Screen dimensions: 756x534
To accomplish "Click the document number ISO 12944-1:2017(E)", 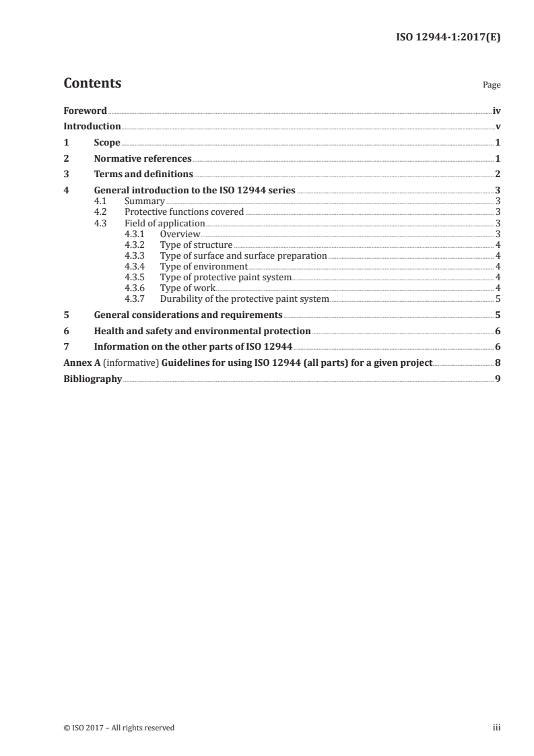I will coord(448,38).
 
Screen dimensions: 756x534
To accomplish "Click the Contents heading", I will coord(92,84).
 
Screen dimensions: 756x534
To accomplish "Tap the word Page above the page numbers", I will coord(492,86).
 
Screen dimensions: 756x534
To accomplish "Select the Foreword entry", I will coord(85,111).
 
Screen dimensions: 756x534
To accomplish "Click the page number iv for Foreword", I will coord(496,111).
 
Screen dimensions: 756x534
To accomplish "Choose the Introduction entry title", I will coord(92,127).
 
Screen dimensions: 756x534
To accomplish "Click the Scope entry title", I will coord(107,143).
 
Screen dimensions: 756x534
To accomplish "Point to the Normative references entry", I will coord(143,159).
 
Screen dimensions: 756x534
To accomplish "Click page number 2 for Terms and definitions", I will coord(498,175).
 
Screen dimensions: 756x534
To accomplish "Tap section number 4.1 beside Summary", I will coord(100,201).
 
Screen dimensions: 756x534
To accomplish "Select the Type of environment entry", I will coord(204,266).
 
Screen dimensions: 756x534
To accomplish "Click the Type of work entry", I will coord(187,288).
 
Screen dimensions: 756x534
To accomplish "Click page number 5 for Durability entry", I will coord(498,298).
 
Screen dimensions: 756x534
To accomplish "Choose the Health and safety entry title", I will coord(202,331).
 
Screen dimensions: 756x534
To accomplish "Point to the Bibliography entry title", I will coord(92,379).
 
